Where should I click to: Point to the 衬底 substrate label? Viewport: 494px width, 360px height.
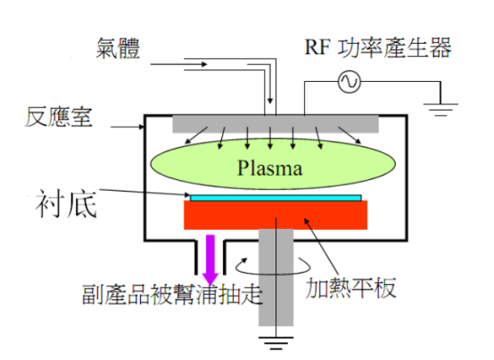tap(64, 201)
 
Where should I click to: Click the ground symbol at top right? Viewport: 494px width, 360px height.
tap(438, 110)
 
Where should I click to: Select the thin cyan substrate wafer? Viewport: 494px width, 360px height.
tap(275, 196)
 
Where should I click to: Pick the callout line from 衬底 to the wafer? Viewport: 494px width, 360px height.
tap(143, 192)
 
